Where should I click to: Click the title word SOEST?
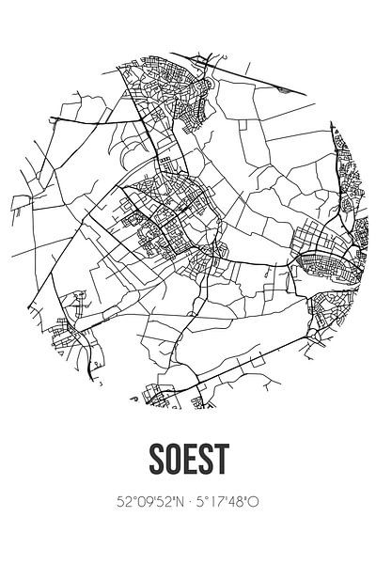[188, 459]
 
